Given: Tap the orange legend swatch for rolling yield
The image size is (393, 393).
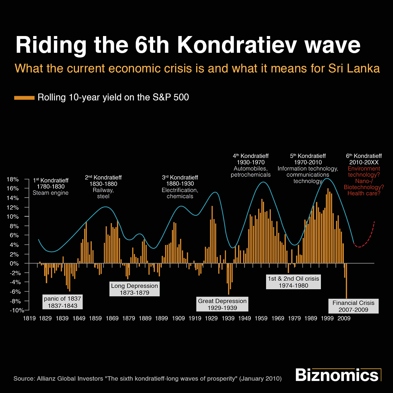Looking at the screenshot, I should coord(24,98).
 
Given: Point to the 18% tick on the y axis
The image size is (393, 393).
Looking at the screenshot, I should coord(18,179).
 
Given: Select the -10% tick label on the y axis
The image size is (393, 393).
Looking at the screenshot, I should coord(16,310).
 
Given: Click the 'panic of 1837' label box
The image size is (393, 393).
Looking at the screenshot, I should coord(62,302).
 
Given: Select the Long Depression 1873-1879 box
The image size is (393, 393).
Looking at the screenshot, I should coord(134,289).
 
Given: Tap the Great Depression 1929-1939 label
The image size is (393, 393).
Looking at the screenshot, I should coord(222,305).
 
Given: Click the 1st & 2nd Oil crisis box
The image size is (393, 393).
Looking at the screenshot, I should coord(293,282).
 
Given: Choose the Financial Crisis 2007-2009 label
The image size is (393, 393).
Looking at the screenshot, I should coord(353,306).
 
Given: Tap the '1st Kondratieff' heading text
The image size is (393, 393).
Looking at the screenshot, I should coord(51,180).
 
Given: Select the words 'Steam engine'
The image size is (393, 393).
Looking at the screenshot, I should coord(51,193).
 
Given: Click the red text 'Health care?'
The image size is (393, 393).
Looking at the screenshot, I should coord(364,193).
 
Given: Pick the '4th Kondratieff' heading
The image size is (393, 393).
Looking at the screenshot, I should coord(250,156).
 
